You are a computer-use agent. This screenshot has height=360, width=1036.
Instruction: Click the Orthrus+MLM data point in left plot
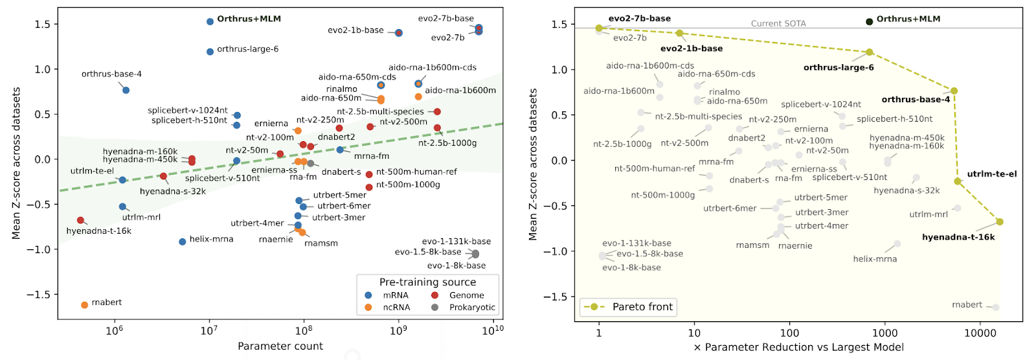click(x=210, y=21)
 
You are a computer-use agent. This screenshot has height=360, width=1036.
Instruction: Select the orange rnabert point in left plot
click(x=85, y=305)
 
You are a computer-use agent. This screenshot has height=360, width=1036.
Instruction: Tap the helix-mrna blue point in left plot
click(x=183, y=242)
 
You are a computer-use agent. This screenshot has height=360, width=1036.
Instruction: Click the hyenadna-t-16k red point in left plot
click(x=80, y=220)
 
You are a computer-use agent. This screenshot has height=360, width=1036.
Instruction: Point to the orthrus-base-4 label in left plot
click(x=111, y=74)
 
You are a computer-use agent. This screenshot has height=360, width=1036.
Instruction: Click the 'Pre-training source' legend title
click(x=427, y=282)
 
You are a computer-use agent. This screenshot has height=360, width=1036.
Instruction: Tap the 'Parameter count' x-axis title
click(x=280, y=346)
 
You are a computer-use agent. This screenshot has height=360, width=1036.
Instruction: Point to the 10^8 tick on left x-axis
click(x=304, y=331)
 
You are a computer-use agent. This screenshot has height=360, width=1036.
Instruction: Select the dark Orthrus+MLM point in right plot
click(x=870, y=21)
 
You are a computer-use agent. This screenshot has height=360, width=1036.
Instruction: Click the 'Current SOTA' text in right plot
click(x=778, y=23)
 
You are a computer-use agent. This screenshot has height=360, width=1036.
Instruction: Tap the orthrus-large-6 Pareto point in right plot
click(x=869, y=52)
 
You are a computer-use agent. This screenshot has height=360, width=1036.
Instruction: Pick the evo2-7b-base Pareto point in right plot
click(x=599, y=28)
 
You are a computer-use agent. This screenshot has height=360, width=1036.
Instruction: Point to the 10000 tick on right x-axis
click(x=980, y=333)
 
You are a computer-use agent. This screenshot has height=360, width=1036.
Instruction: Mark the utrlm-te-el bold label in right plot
click(x=992, y=174)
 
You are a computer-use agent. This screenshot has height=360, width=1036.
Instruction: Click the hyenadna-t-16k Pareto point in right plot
click(x=1000, y=221)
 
